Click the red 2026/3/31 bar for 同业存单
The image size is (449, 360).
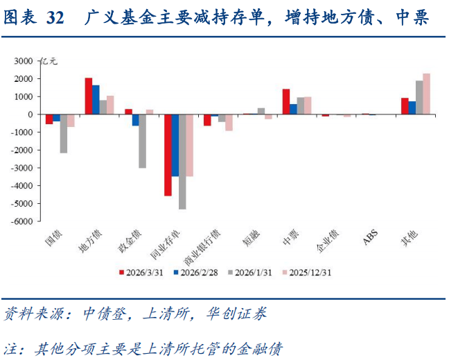pyautogui.click(x=168, y=155)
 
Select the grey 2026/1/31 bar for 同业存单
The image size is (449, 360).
pyautogui.click(x=182, y=162)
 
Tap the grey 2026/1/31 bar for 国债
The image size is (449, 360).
pyautogui.click(x=64, y=133)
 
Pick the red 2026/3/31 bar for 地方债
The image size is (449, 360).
pyautogui.click(x=89, y=96)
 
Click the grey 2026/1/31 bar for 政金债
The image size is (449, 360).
pyautogui.click(x=142, y=141)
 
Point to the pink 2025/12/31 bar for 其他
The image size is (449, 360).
pyautogui.click(x=426, y=94)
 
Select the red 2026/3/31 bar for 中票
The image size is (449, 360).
pyautogui.click(x=285, y=101)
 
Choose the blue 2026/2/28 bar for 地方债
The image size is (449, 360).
pyautogui.click(x=96, y=100)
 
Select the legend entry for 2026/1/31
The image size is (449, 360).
pyautogui.click(x=252, y=273)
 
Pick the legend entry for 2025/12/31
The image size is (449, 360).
pyautogui.click(x=310, y=273)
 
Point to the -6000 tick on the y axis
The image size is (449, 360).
pyautogui.click(x=24, y=221)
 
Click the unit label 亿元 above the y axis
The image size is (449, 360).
pyautogui.click(x=50, y=61)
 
